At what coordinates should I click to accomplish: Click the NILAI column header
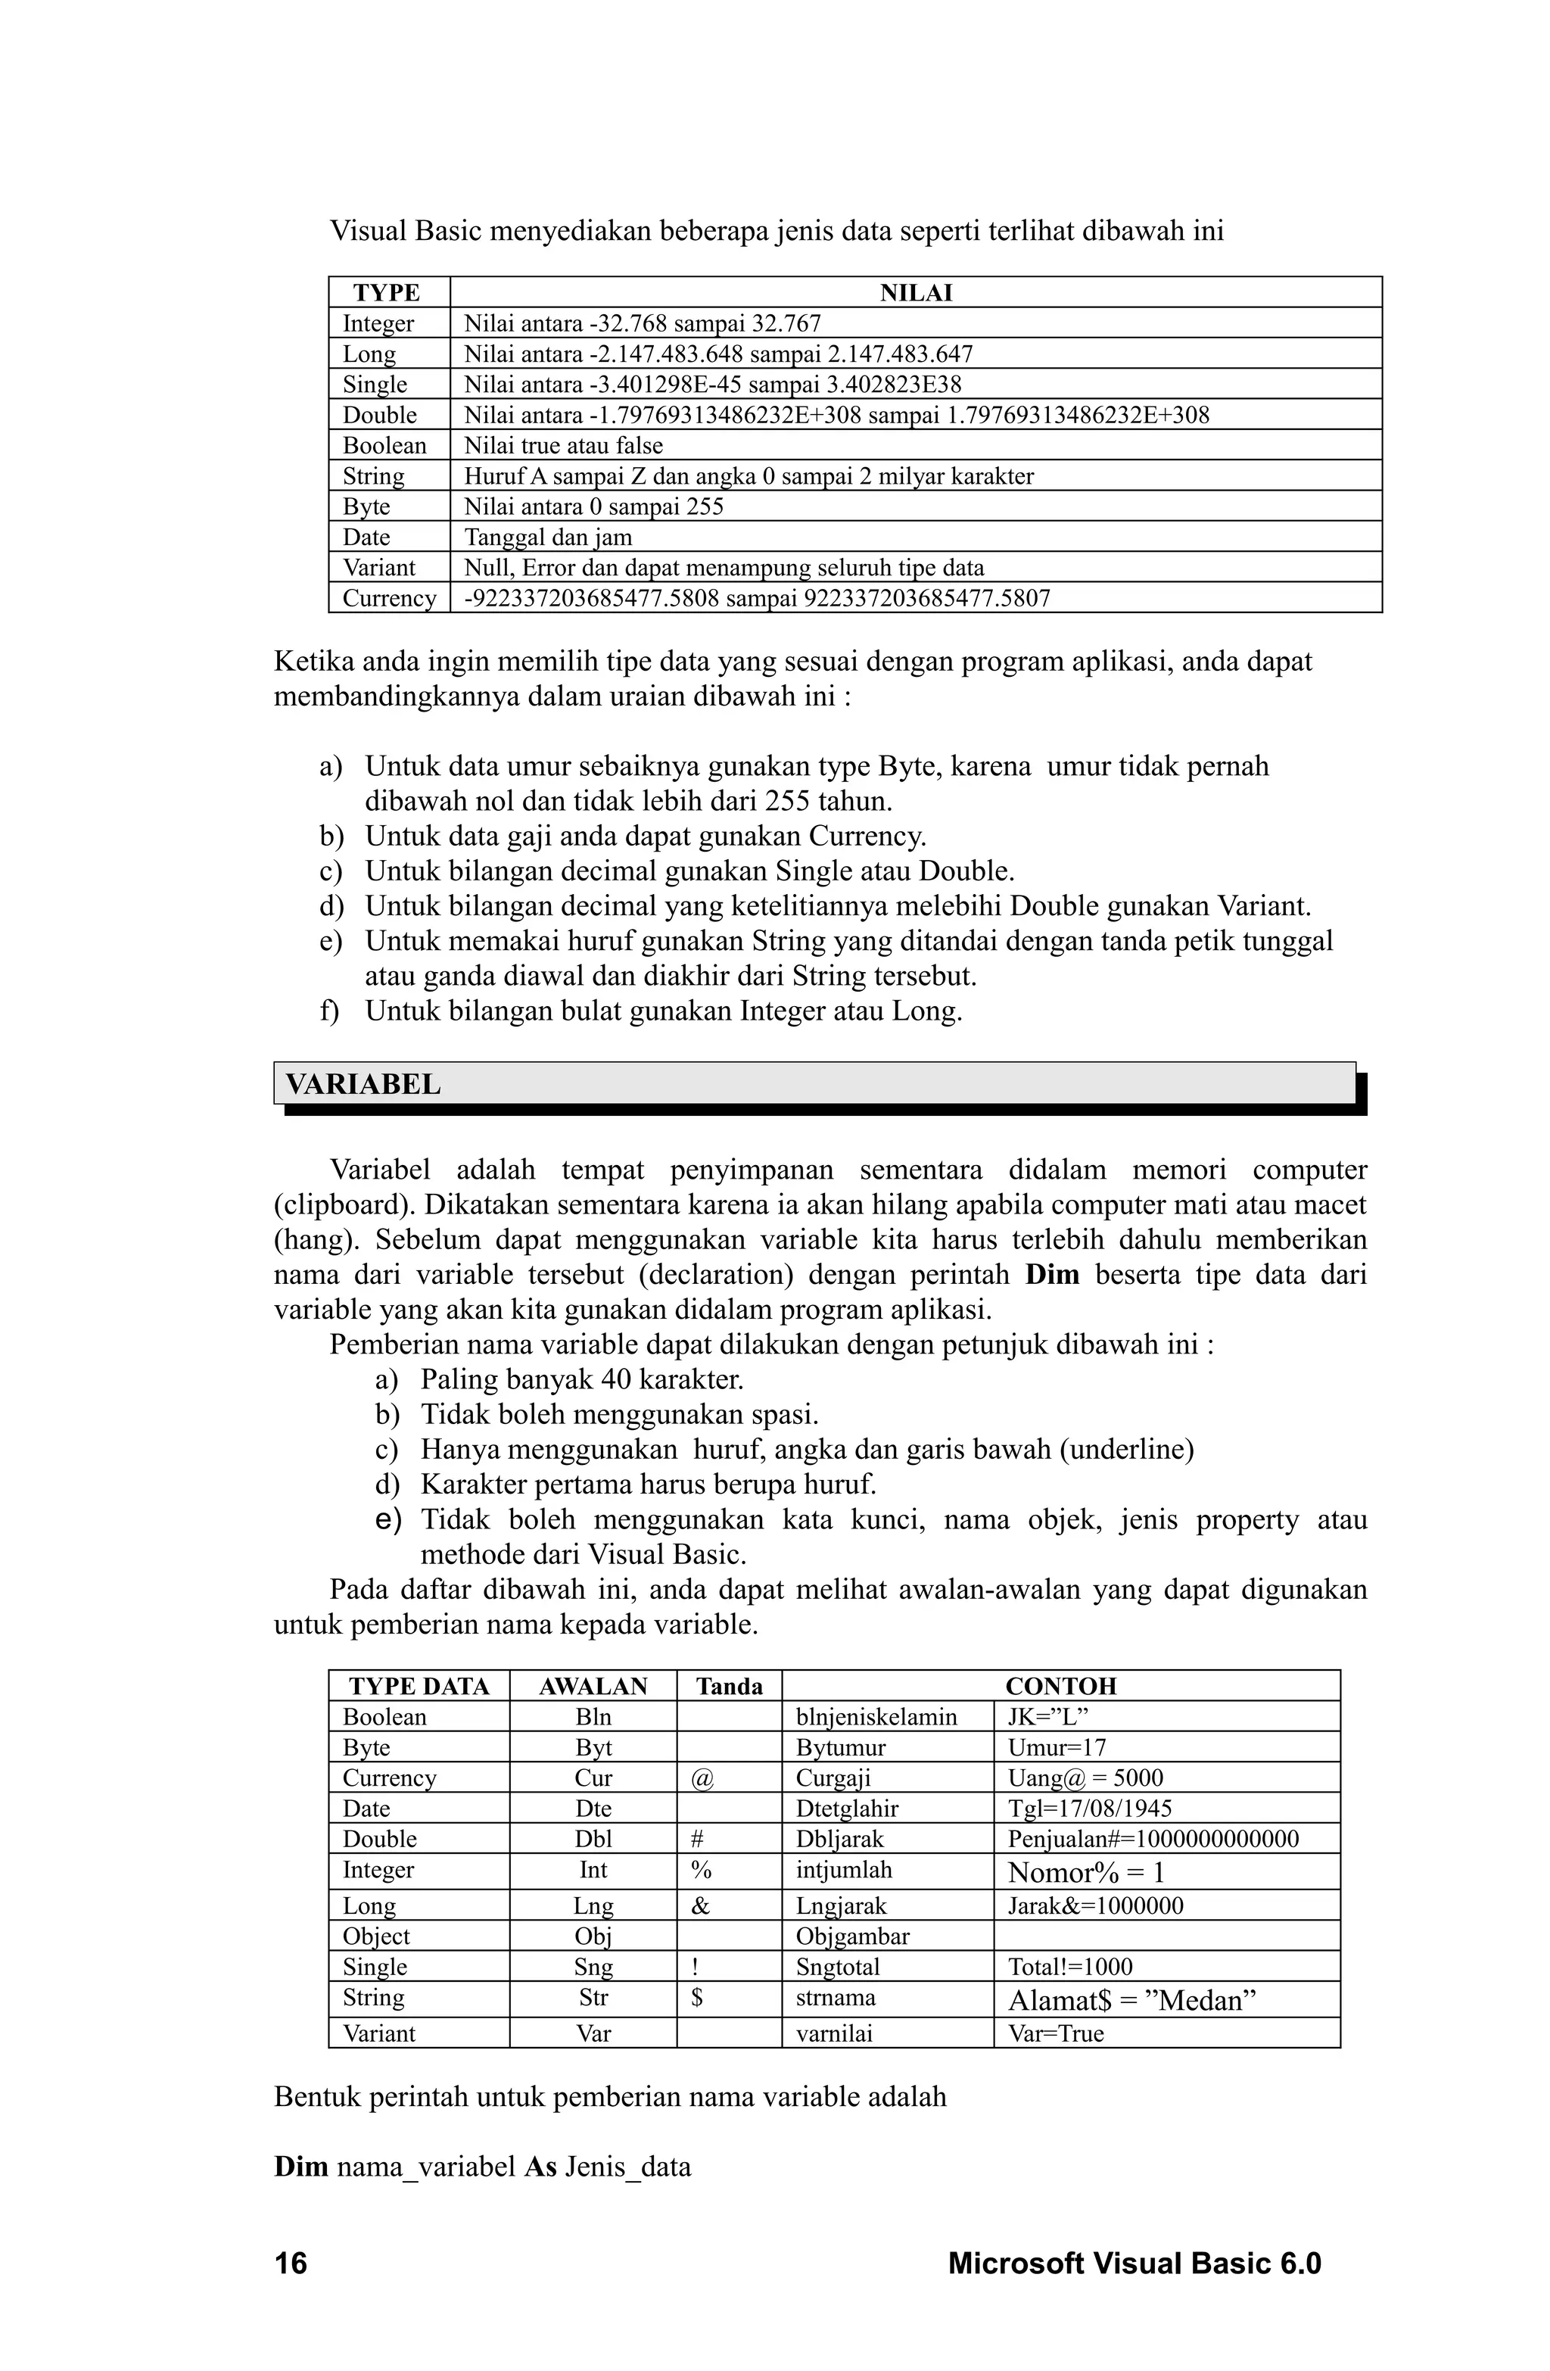pos(916,293)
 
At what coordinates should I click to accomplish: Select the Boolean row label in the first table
pos(384,445)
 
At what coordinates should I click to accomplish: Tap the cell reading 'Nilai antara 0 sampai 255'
pos(593,506)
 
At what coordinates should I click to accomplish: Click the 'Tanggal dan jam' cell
pos(548,537)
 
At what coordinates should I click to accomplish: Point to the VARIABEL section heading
pos(363,1084)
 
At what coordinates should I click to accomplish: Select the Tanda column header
pos(729,1686)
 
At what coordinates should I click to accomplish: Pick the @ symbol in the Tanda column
pos(702,1778)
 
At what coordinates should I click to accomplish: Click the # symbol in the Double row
pos(697,1839)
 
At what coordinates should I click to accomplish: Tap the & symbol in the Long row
pos(700,1905)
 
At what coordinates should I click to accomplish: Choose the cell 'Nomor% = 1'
pos(1086,1873)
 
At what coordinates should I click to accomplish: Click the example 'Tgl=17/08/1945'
pos(1090,1808)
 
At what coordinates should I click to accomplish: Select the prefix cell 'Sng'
pos(593,1967)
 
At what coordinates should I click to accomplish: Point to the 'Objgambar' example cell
pos(851,1936)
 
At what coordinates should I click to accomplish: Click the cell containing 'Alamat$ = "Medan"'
pos(1131,2000)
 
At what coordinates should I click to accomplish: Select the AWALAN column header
pos(593,1686)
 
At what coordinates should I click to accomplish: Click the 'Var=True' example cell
pos(1056,2033)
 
